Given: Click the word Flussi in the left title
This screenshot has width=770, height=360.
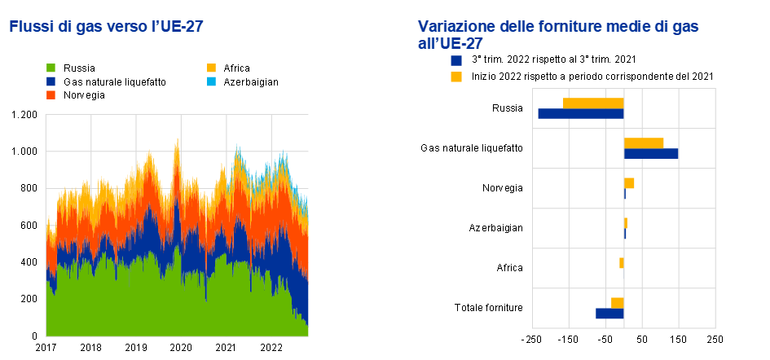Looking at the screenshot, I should coord(30,27).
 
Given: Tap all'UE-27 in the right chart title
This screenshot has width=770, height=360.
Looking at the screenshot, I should coord(450,44).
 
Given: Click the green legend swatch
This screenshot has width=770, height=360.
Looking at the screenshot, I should coord(51,68).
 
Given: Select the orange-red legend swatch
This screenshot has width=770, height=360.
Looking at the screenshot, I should coord(51,95).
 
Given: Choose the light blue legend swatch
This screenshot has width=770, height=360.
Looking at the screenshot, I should coord(212,81).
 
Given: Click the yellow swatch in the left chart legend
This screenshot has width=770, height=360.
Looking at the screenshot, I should coord(212,68).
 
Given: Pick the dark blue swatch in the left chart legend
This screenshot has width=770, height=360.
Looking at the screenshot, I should coord(51,81).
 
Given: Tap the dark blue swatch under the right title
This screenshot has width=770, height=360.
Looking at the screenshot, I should coord(456,60).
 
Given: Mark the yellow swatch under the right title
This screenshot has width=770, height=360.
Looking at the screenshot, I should coord(456,77).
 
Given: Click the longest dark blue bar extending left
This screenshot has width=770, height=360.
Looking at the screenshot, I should coord(580,114).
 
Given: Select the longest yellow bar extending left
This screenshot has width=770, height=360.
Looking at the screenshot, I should coord(593,103).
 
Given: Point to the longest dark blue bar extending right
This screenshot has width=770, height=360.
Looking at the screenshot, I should coord(651,153).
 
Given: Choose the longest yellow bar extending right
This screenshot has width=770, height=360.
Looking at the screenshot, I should coord(644,143).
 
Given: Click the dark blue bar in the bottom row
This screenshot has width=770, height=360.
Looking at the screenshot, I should coord(609,314).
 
